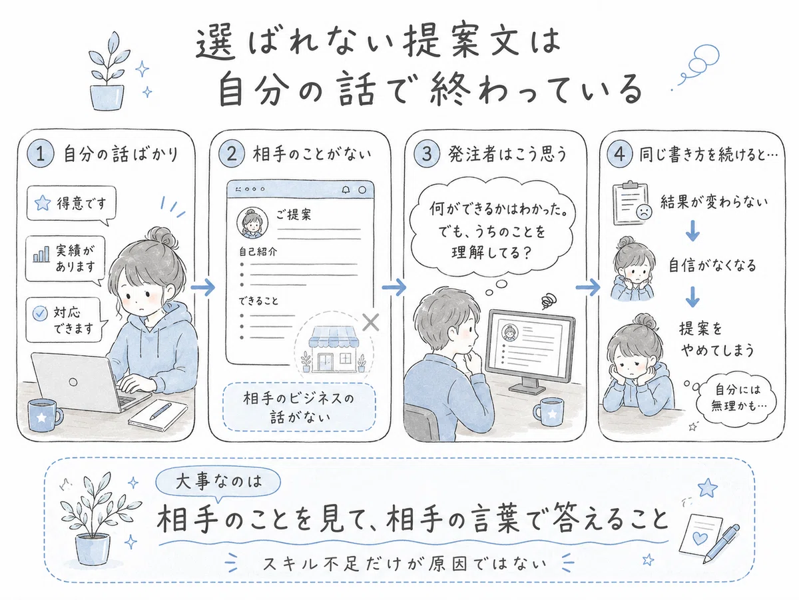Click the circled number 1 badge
[x=41, y=154]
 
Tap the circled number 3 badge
[x=427, y=154]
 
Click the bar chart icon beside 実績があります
[x=41, y=254]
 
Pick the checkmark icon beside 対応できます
[x=40, y=313]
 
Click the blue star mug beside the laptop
[x=45, y=415]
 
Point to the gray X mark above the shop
[x=371, y=322]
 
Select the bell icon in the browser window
[x=346, y=190]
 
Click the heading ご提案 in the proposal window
[x=294, y=215]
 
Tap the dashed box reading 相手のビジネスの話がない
[x=299, y=407]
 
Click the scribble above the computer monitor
[x=549, y=302]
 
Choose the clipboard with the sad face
[x=632, y=203]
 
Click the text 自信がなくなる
[x=712, y=265]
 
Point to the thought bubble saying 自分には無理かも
[x=736, y=397]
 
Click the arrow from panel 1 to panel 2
[x=203, y=287]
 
